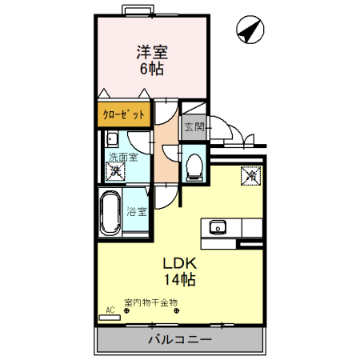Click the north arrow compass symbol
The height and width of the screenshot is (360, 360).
pyautogui.click(x=250, y=30)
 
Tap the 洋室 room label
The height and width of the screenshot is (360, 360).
pyautogui.click(x=152, y=52)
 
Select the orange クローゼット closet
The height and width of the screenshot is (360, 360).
pyautogui.click(x=124, y=114)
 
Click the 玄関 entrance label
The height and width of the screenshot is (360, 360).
pyautogui.click(x=194, y=127)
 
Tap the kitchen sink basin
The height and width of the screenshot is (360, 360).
pyautogui.click(x=218, y=228)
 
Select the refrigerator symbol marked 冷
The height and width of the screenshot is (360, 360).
pyautogui.click(x=250, y=176)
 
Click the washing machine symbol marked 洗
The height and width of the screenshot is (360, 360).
pyautogui.click(x=115, y=171)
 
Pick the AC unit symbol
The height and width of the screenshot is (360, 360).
pyautogui.click(x=110, y=318)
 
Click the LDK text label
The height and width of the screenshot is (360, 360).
pyautogui.click(x=180, y=263)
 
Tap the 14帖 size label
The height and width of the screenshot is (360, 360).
pyautogui.click(x=180, y=279)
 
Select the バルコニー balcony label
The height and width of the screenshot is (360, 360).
pyautogui.click(x=180, y=339)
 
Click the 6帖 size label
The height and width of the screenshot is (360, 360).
pyautogui.click(x=152, y=69)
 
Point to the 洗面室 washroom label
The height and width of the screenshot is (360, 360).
pyautogui.click(x=123, y=157)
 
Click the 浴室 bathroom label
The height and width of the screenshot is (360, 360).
pyautogui.click(x=137, y=212)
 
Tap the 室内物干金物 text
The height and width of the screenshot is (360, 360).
pyautogui.click(x=151, y=302)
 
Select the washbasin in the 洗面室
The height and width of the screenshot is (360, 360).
pyautogui.click(x=112, y=138)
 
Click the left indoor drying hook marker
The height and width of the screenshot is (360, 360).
pyautogui.click(x=126, y=310)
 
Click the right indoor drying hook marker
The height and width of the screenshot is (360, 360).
pyautogui.click(x=176, y=310)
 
